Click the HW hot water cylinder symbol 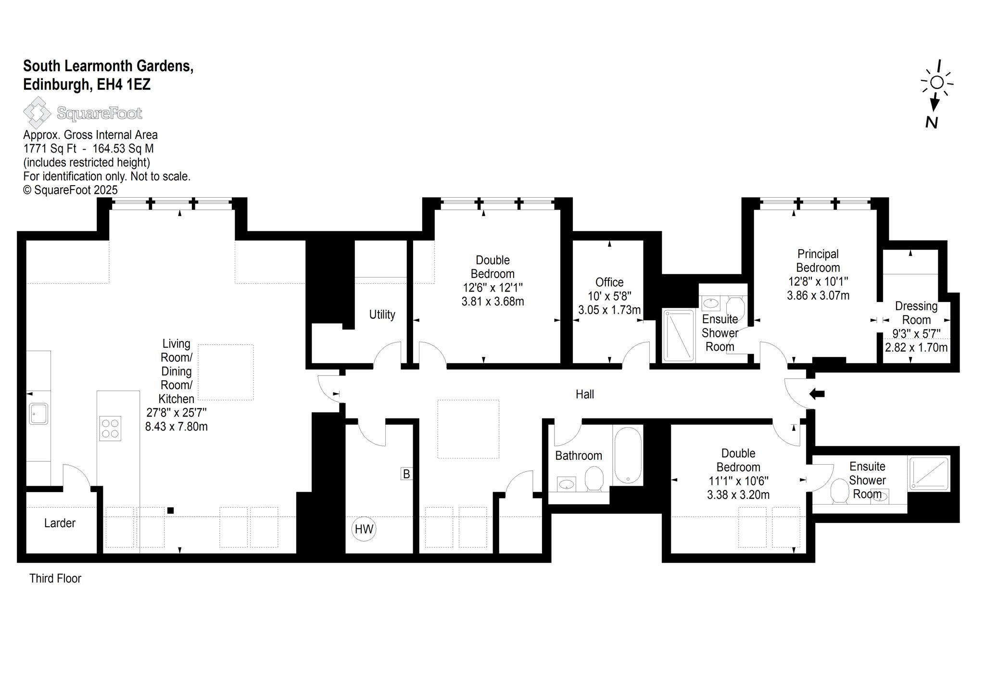[364, 529]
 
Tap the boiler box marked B [406, 474]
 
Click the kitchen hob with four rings [110, 428]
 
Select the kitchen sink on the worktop [38, 414]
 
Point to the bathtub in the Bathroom [628, 455]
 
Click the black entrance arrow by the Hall [817, 394]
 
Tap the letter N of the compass [932, 123]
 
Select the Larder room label [60, 523]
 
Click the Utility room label [382, 315]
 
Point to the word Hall [585, 394]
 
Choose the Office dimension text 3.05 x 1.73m [609, 310]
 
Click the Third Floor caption [55, 578]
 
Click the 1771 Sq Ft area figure [50, 149]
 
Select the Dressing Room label [916, 313]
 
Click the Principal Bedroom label [818, 261]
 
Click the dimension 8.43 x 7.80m [177, 426]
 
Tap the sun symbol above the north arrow [937, 83]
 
